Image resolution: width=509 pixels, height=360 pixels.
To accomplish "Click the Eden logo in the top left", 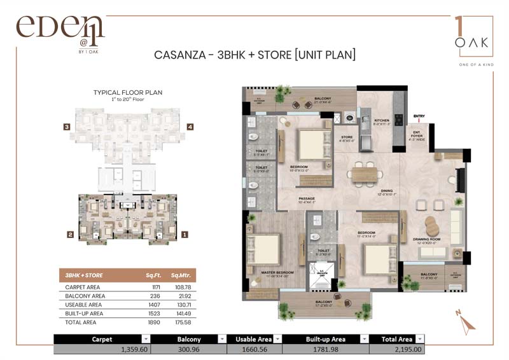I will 60,31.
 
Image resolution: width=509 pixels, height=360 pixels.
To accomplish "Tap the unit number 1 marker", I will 185,234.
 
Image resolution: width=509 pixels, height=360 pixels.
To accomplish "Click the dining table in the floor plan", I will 364,172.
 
